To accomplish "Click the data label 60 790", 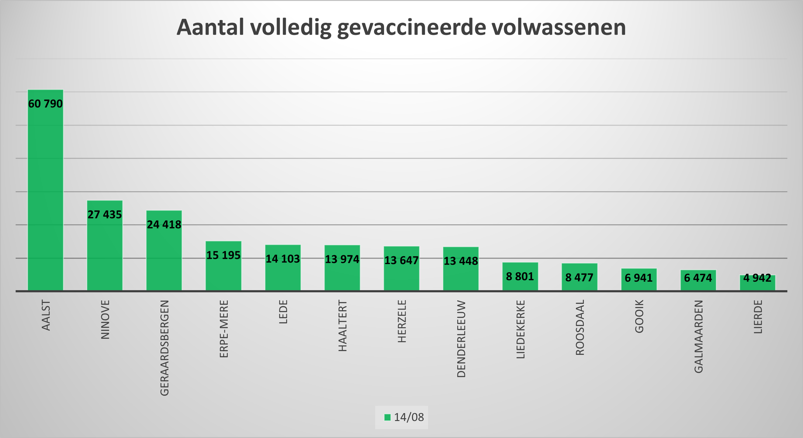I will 46,104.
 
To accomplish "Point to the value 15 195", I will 223,255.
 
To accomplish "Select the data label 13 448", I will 461,261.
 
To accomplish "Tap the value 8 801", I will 520,276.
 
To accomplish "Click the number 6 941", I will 639,278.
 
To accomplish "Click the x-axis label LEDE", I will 283,312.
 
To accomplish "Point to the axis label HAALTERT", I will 343,326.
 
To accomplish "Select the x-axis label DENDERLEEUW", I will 461,339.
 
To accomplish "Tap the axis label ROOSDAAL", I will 580,328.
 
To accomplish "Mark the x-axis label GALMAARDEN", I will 699,336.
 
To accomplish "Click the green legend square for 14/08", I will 387,417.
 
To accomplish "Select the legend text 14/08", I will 409,417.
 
